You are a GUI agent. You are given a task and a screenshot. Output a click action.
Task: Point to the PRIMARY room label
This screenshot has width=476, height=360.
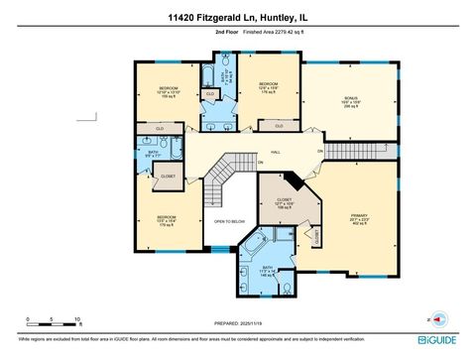(x=359, y=216)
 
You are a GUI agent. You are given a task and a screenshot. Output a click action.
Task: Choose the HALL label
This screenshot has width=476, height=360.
(x=276, y=152)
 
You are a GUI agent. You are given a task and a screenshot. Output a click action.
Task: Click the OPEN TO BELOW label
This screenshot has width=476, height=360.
(x=229, y=221)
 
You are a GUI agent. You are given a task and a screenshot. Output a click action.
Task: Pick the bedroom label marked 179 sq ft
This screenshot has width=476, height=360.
(x=166, y=219)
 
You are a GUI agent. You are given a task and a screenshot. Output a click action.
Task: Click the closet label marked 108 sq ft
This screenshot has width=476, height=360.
(x=285, y=204)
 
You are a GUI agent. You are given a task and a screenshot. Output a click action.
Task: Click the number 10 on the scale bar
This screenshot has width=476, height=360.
(x=78, y=319)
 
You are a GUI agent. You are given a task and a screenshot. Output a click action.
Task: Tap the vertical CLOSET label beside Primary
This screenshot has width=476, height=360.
(x=317, y=236)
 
